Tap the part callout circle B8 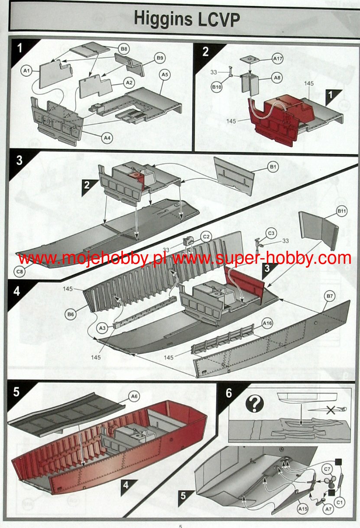(124, 49)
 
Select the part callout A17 (278, 59)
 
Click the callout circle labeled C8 (19, 272)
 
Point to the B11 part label (342, 211)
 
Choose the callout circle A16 (267, 323)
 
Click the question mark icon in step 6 (254, 404)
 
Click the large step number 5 (16, 392)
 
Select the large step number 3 (19, 160)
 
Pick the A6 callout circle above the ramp (134, 396)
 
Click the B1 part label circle (273, 167)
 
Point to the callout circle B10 (217, 87)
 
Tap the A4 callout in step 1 (107, 138)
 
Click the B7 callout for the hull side (330, 296)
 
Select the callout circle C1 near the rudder (340, 502)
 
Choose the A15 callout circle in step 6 (303, 509)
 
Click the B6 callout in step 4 (71, 314)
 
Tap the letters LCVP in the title (219, 19)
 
